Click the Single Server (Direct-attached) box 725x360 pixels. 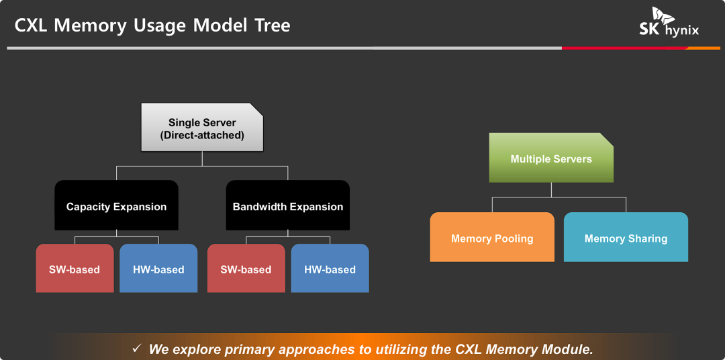coord(202,127)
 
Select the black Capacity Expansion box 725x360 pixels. coord(117,205)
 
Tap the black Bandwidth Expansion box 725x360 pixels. coord(287,205)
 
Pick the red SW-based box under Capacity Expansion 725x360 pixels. coord(75,268)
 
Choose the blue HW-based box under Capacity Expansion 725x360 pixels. coord(158,268)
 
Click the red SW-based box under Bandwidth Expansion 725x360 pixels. coord(246,268)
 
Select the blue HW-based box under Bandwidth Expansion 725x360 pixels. coord(330,268)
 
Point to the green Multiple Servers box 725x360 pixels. coord(551,158)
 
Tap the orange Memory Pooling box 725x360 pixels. coord(492,237)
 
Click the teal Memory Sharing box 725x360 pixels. coord(626,237)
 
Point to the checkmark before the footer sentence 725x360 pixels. coord(137,347)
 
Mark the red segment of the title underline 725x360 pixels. coord(625,48)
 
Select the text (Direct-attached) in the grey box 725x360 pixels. coord(202,136)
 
